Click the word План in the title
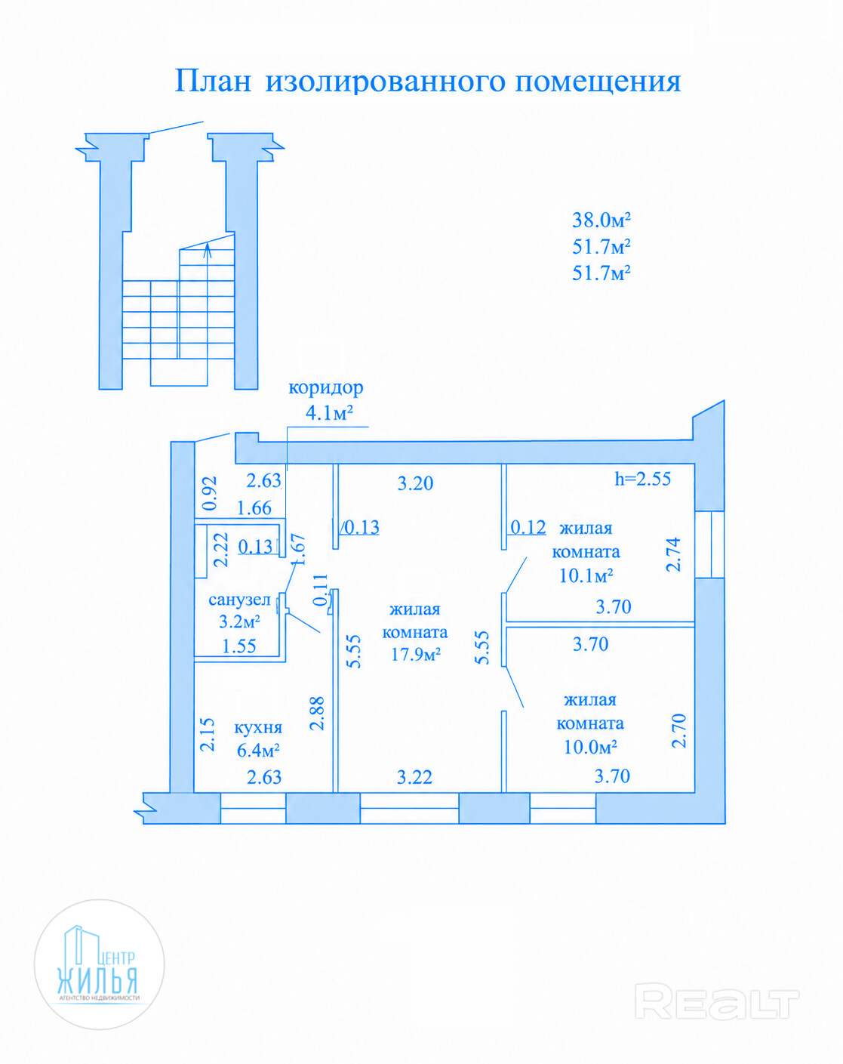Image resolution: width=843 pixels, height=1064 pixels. click(213, 81)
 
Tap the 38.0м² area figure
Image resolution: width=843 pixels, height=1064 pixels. click(601, 220)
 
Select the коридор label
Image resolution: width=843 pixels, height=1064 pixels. click(325, 388)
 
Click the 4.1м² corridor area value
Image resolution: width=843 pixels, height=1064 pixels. click(329, 412)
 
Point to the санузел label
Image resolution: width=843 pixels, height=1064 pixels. click(239, 600)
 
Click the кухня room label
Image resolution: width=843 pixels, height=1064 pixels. click(258, 727)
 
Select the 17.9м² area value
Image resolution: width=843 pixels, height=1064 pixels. click(416, 654)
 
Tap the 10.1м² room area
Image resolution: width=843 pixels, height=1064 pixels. click(586, 575)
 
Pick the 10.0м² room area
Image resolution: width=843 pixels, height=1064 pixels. click(590, 747)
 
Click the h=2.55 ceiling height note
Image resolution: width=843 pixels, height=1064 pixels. click(642, 479)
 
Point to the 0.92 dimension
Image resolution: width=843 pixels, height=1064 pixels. click(210, 493)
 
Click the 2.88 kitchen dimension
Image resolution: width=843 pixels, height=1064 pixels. click(317, 714)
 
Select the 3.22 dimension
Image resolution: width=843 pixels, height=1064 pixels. click(414, 777)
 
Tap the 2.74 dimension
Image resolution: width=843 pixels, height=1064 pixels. click(673, 554)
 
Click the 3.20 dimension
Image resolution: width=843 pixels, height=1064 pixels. click(416, 483)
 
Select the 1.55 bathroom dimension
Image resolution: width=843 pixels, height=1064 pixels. click(239, 646)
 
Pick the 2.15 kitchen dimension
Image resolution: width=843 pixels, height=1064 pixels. click(208, 735)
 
